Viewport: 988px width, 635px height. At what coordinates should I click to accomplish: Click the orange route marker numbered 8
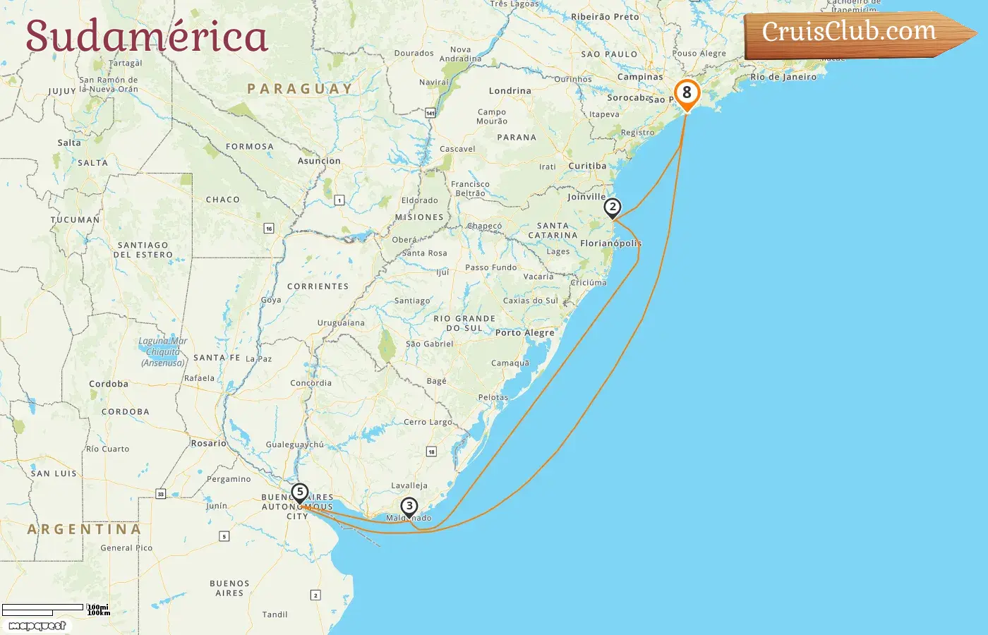(x=687, y=93)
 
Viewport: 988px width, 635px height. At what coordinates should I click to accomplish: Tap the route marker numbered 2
(x=612, y=207)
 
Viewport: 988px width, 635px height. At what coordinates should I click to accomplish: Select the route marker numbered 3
(x=409, y=506)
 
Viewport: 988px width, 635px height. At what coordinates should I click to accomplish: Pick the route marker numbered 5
(x=300, y=492)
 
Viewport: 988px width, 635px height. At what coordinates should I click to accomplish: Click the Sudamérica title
(x=147, y=37)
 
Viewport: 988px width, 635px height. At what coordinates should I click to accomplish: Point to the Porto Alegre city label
(x=524, y=332)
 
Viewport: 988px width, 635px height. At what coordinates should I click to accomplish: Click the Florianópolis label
(x=610, y=243)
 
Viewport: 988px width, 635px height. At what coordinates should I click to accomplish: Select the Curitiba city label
(x=587, y=167)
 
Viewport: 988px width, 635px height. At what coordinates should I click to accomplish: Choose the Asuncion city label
(x=319, y=161)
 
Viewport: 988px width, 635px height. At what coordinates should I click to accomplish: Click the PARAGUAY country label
(x=299, y=89)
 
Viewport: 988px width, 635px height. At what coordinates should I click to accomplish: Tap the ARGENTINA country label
(x=84, y=529)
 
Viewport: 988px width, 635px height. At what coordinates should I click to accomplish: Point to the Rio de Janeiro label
(x=783, y=77)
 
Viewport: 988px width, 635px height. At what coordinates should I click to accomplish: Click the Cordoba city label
(x=109, y=384)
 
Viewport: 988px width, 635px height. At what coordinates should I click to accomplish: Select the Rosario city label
(x=209, y=443)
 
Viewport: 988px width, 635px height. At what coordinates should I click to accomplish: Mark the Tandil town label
(x=275, y=615)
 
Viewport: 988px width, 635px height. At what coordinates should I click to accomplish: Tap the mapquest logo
(x=37, y=626)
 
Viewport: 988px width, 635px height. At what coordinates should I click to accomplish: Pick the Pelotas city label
(x=493, y=397)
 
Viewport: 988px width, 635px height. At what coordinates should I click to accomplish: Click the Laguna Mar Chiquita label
(x=163, y=351)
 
